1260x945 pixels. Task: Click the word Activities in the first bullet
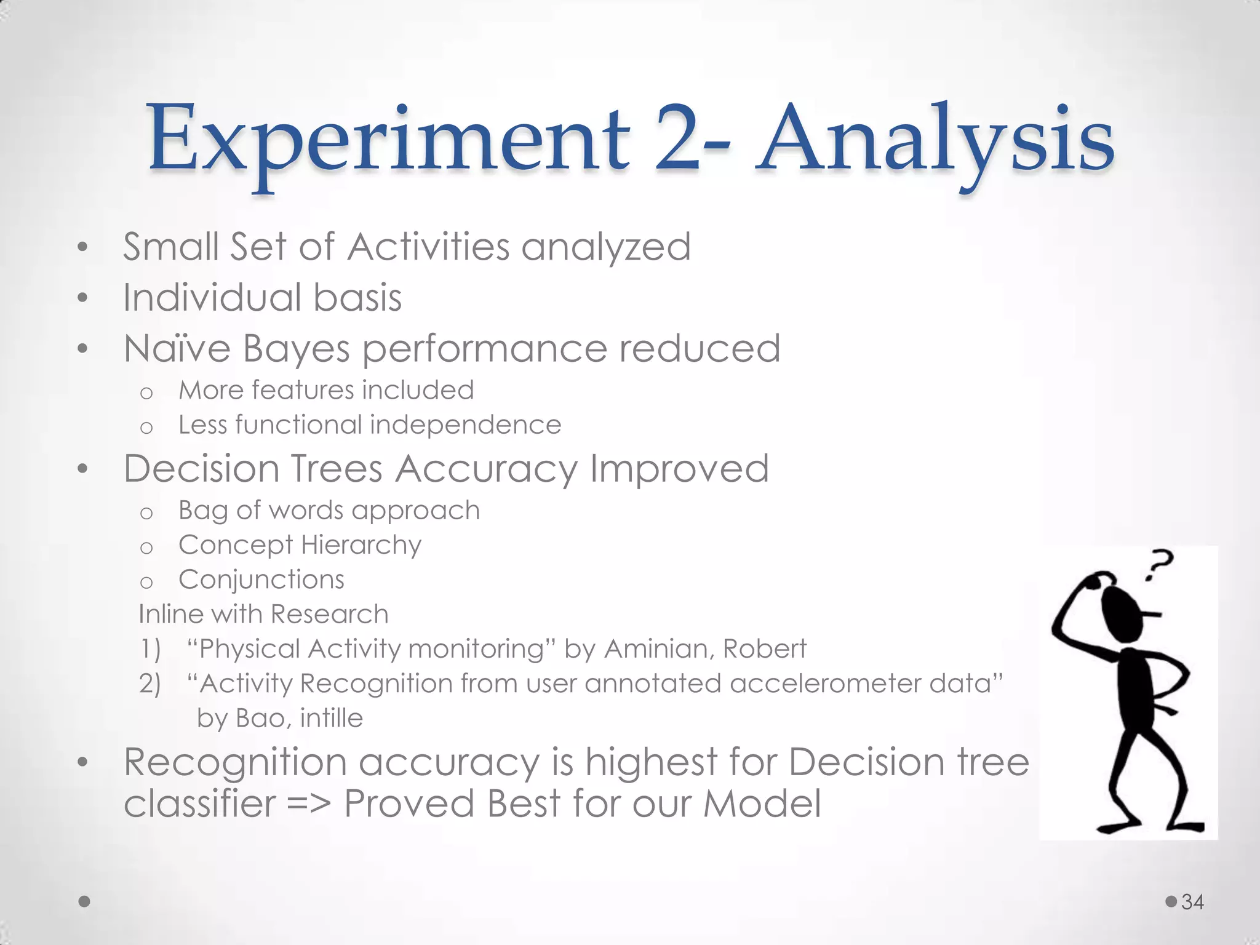[428, 247]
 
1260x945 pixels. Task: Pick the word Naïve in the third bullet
[177, 348]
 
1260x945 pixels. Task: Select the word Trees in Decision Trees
[336, 469]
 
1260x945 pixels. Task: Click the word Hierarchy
[361, 545]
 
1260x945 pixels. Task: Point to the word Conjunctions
[261, 580]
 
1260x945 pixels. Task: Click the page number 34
[1192, 902]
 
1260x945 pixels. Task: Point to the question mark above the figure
[1159, 565]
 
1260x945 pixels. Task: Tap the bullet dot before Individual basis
[83, 298]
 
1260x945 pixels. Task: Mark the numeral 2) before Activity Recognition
[150, 684]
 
